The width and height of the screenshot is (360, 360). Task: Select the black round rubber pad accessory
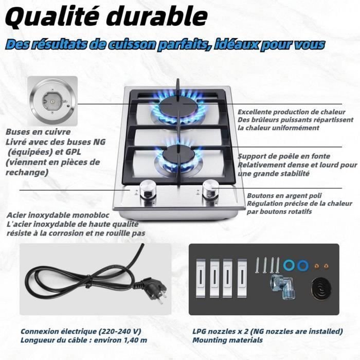(x=321, y=289)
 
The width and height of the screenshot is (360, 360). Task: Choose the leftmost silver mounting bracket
(x=201, y=278)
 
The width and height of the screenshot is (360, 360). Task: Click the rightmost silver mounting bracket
(x=242, y=278)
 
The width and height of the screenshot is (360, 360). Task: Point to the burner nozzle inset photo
(x=52, y=101)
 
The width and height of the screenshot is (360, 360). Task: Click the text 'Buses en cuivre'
(x=38, y=132)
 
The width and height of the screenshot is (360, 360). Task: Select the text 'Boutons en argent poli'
(x=284, y=195)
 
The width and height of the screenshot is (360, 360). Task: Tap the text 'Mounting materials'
(x=227, y=340)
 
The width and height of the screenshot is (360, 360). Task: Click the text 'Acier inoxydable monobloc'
(x=58, y=215)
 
